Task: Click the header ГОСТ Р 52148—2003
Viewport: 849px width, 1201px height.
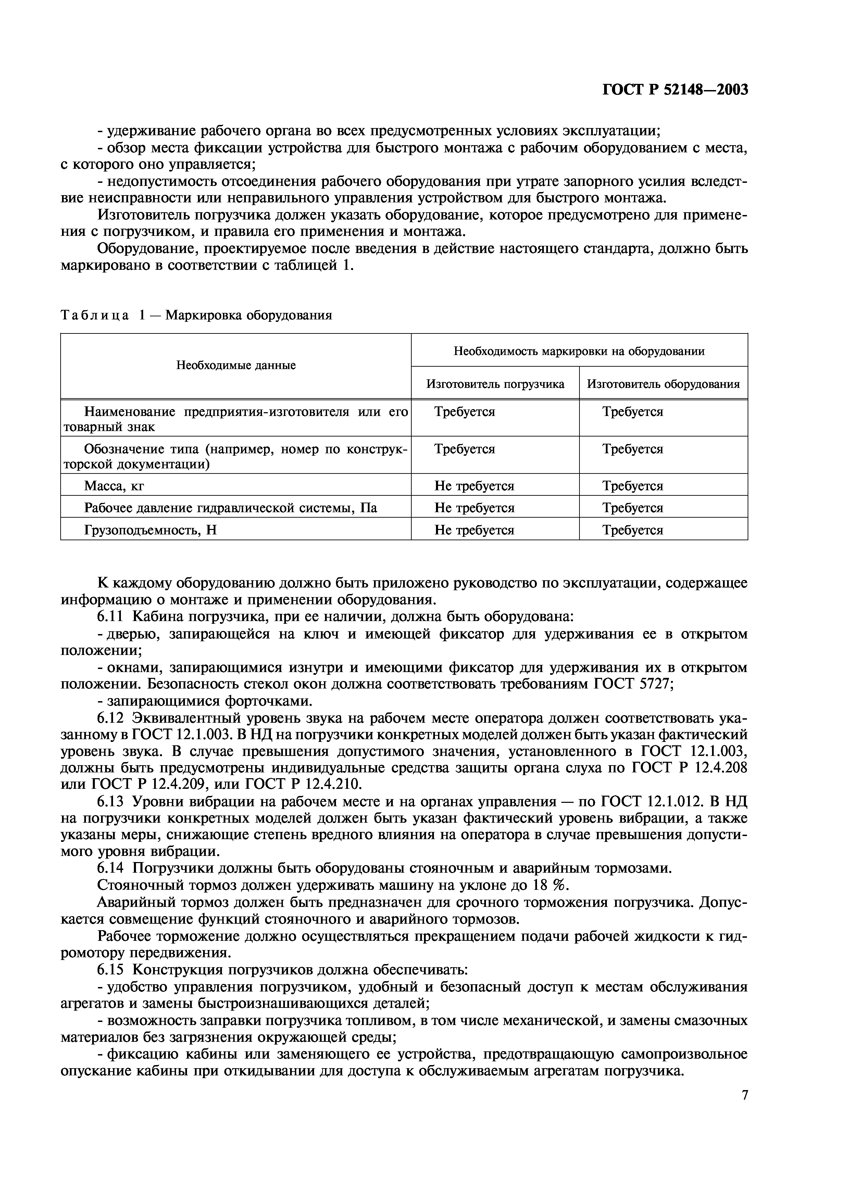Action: [675, 90]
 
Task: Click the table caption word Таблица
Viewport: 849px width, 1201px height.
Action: [94, 316]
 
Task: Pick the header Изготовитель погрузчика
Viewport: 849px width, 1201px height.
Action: [495, 384]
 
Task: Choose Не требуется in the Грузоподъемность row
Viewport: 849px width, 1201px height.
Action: [474, 530]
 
